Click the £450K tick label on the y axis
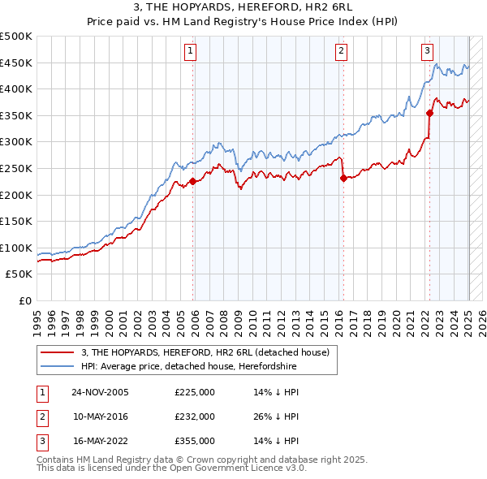16,63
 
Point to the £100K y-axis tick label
16,248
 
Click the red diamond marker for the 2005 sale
193,181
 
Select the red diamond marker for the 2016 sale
343,178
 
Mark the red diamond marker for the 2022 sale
430,113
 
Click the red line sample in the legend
57,352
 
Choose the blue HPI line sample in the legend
57,367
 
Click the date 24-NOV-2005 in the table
100,391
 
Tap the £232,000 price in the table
195,416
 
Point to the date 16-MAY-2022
100,441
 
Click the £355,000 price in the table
195,441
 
